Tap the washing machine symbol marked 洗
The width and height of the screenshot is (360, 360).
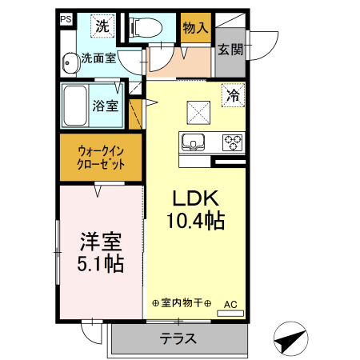102,26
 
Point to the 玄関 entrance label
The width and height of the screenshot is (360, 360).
230,50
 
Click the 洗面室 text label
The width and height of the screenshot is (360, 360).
99,58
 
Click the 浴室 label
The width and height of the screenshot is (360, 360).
106,105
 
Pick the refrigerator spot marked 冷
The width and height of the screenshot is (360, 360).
233,94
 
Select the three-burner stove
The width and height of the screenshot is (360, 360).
232,143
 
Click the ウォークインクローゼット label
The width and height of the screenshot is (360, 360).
100,157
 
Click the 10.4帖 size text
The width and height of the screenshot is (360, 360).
195,220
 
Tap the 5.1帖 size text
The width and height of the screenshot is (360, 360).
100,262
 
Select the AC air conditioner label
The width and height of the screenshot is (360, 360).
230,304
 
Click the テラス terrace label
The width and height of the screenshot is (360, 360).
178,338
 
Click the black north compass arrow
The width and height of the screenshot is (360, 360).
290,338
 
